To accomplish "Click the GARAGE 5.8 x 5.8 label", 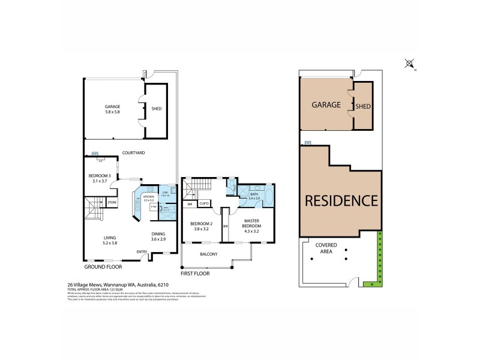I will (x=112, y=109).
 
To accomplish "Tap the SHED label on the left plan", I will (x=157, y=109).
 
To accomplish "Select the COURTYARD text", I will (x=133, y=153).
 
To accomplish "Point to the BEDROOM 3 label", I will (x=95, y=178).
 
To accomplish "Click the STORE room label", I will (x=112, y=203).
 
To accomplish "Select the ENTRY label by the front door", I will (x=142, y=252).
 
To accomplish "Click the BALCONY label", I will (x=208, y=254).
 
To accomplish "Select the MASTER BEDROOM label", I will (x=251, y=226).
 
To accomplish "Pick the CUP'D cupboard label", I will (x=204, y=204).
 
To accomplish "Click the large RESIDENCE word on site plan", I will (x=341, y=201).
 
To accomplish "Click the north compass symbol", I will (x=410, y=63).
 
